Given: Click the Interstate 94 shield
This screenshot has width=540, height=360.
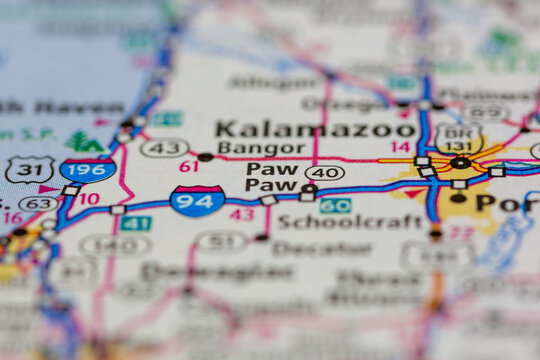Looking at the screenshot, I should point(197,200).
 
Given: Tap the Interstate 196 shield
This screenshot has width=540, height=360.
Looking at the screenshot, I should point(87,170).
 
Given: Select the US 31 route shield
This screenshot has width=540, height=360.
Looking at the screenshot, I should point(29,170).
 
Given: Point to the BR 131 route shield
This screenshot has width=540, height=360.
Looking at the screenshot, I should point(459,138).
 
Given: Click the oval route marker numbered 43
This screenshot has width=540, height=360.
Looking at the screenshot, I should point(165,148).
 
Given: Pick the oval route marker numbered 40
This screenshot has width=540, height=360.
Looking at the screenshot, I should point(325,173).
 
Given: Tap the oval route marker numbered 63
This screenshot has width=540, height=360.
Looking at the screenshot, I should point(39,204).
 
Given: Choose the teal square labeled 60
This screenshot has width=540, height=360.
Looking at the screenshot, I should point(335,205).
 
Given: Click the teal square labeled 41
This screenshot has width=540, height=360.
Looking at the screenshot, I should point(136,223).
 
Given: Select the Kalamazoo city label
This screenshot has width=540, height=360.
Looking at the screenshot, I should point(315,129).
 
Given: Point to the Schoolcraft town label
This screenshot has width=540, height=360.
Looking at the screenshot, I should point(335,222).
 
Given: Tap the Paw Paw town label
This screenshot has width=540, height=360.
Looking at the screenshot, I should point(272,177).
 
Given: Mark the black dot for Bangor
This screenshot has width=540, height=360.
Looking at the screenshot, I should point(205,157).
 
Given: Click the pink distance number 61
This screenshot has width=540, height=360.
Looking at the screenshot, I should point(188,166).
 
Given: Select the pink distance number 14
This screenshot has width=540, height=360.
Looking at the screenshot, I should point(400,147).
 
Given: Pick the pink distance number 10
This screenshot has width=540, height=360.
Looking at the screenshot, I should point(89,199).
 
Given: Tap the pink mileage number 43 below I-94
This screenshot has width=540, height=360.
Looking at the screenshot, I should point(241,214).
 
